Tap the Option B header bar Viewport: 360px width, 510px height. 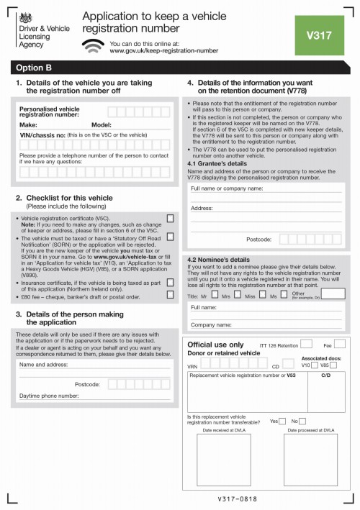pyautogui.click(x=180, y=68)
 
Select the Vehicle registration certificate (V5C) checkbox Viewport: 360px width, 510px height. pyautogui.click(x=170, y=217)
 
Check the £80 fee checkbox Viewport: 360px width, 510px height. pyautogui.click(x=170, y=294)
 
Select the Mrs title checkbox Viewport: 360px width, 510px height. pyautogui.click(x=236, y=296)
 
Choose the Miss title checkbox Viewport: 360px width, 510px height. pyautogui.click(x=261, y=296)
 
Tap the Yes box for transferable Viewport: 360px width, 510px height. pyautogui.click(x=282, y=421)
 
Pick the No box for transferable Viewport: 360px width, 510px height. pyautogui.click(x=302, y=421)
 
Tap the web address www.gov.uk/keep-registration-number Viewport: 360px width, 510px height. pyautogui.click(x=164, y=51)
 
